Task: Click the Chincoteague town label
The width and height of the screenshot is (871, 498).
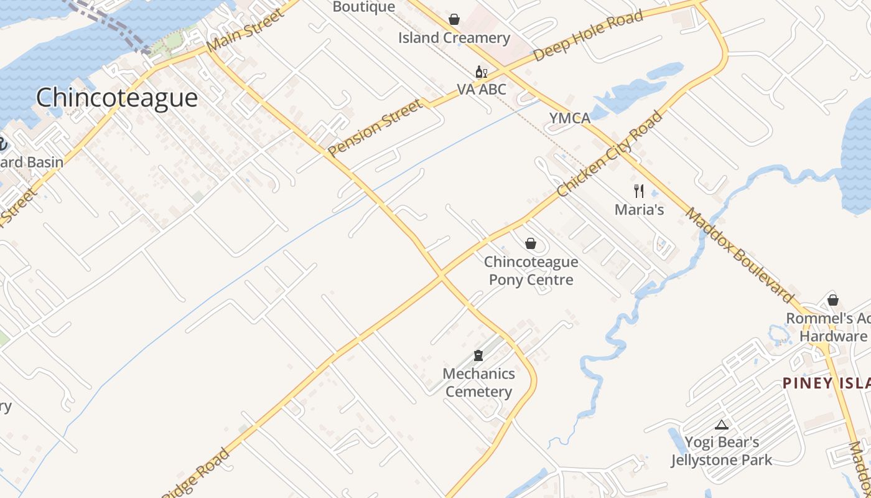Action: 117,98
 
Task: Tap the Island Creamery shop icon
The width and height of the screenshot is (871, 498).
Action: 454,19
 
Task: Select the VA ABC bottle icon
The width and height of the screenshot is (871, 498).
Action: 481,72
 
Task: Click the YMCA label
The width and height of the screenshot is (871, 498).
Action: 569,118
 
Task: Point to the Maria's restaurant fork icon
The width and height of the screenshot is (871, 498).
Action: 639,190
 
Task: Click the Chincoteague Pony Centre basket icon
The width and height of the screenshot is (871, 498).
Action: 531,243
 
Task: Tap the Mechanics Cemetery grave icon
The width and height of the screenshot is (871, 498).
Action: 478,355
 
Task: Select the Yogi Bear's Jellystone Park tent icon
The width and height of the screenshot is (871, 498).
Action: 722,425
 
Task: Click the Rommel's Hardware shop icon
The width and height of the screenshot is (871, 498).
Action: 833,301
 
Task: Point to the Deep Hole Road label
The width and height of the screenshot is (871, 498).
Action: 588,36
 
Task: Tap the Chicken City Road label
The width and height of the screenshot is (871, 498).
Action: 610,154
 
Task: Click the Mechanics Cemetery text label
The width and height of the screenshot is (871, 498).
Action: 478,383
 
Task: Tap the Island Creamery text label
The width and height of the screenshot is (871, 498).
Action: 454,38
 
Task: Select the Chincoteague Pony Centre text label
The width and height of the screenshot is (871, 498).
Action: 531,271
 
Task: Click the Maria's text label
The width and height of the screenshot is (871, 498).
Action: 639,210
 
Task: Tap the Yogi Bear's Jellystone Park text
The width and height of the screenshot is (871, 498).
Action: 722,451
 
